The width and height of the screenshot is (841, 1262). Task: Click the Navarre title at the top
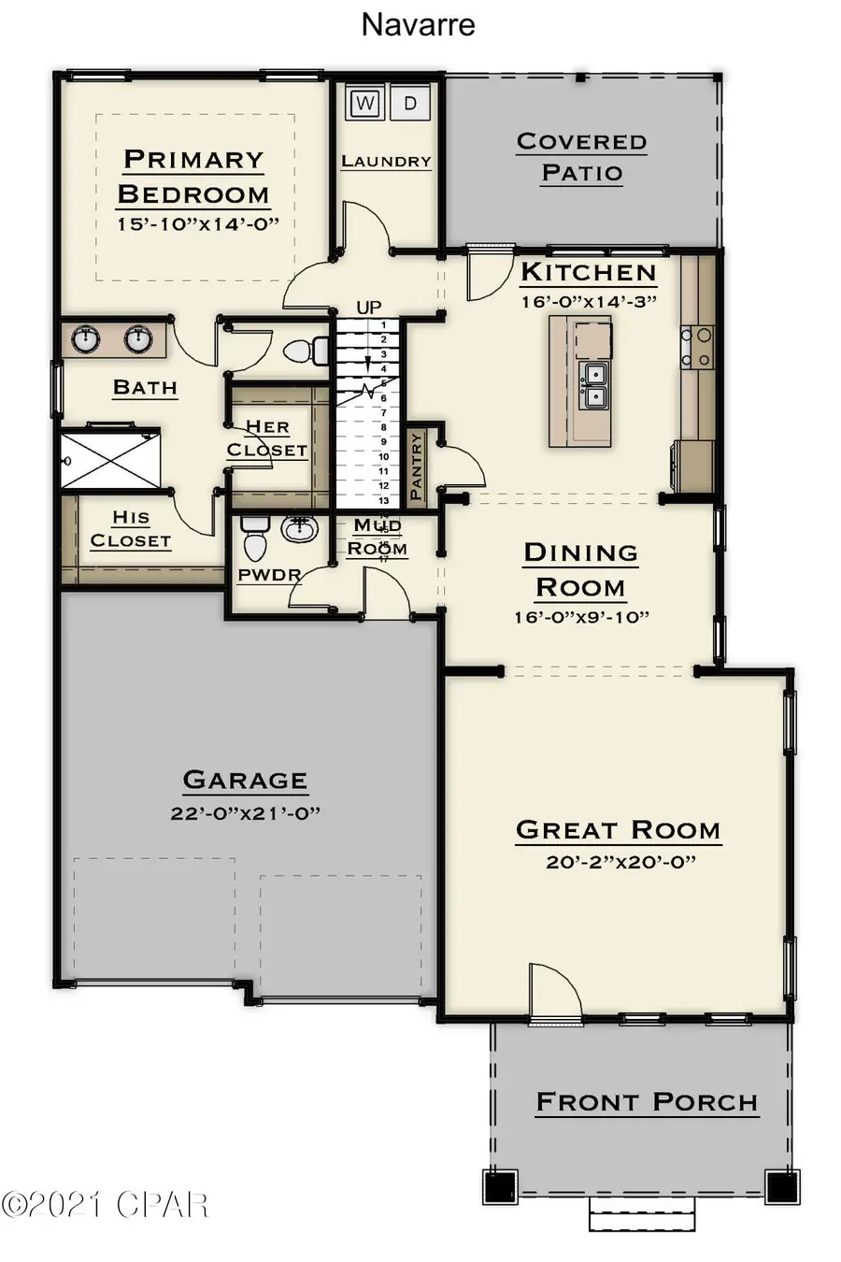point(418,24)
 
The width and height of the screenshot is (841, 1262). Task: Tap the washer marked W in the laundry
point(364,103)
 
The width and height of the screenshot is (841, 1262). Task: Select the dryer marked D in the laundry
point(409,103)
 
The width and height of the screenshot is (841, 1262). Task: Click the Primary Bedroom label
point(193,177)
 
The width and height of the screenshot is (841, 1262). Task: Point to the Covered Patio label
point(581,157)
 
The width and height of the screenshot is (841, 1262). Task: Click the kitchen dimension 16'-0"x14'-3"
point(589,301)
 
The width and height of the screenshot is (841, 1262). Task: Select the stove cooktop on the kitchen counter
point(697,346)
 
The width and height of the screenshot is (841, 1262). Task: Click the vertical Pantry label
point(416,465)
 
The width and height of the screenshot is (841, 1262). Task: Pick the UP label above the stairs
point(369,307)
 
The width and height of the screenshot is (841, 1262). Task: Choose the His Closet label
point(131,529)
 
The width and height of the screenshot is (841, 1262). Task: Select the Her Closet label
point(267,438)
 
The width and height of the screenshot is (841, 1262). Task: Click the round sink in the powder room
point(299,530)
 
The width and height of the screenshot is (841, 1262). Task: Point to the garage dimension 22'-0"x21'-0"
point(245,813)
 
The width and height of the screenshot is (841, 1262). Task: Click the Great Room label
point(619,830)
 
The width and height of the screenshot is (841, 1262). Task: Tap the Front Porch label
point(647,1103)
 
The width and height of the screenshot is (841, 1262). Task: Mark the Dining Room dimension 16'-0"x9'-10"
point(580,617)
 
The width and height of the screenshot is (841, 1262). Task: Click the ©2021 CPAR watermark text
point(105,1205)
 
